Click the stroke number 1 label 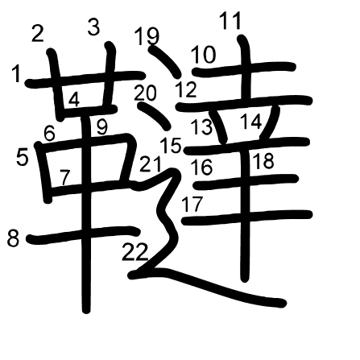[x=17, y=74]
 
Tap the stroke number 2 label [x=38, y=33]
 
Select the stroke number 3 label [x=94, y=27]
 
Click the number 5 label [x=22, y=157]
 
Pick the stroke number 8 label [x=14, y=238]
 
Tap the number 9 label [x=102, y=126]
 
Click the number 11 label [x=230, y=21]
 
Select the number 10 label [x=203, y=55]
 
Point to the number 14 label [x=250, y=121]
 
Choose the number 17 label [x=192, y=204]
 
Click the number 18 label [x=263, y=160]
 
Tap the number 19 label [x=147, y=36]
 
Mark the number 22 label [x=135, y=252]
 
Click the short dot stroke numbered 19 [x=164, y=61]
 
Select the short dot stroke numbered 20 [x=154, y=115]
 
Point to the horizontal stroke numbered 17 [x=247, y=217]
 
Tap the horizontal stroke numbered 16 [x=246, y=182]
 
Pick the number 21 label [x=151, y=164]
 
